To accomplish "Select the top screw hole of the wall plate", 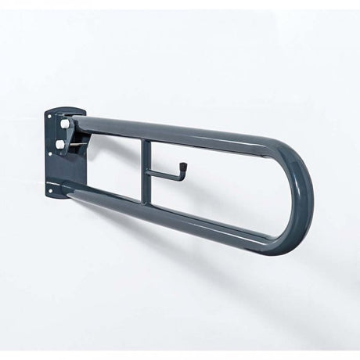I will [x=51, y=117].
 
